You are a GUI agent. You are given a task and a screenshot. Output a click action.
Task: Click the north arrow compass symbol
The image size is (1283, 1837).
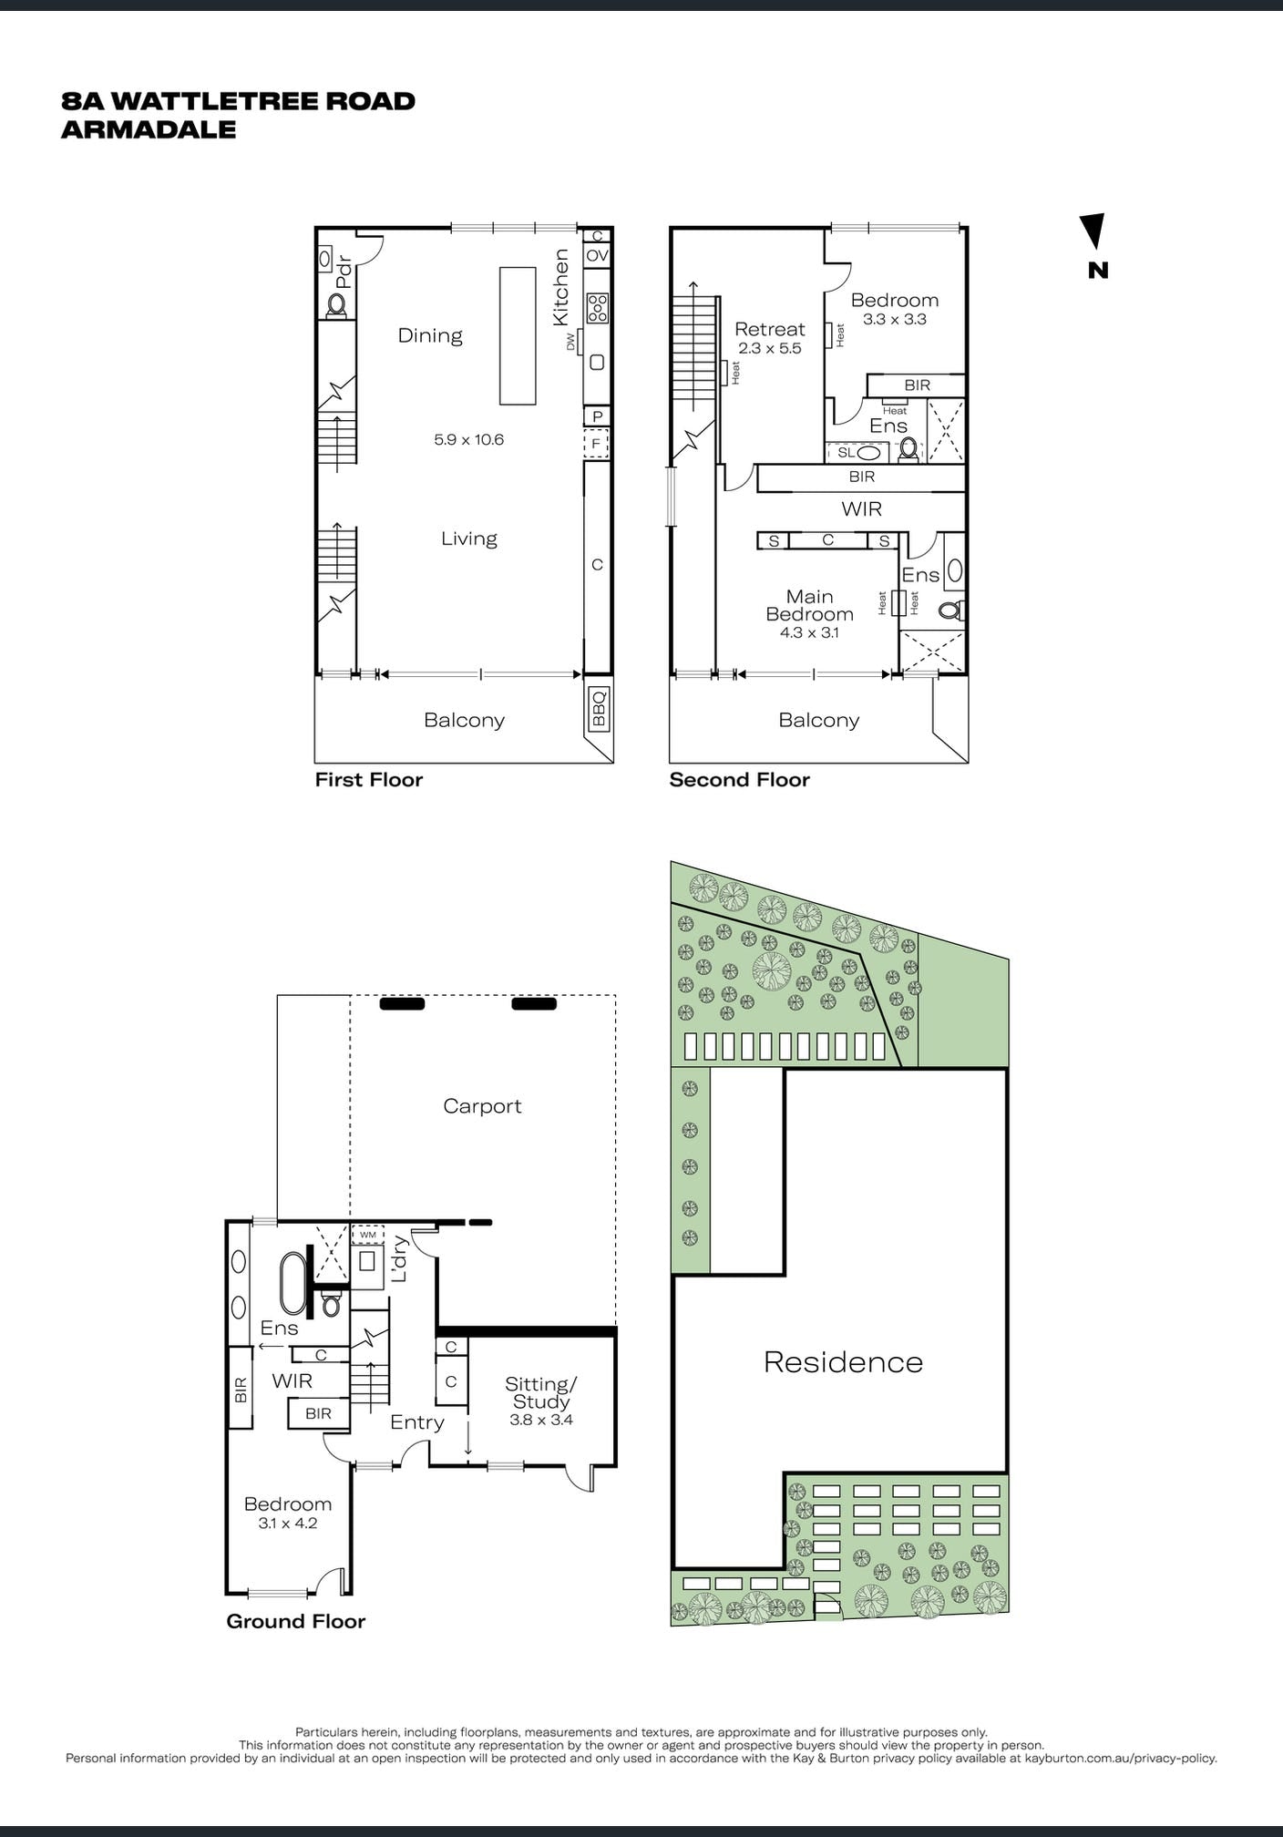click(1094, 231)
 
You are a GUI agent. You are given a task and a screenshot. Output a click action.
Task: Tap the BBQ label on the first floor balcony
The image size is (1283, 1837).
click(599, 709)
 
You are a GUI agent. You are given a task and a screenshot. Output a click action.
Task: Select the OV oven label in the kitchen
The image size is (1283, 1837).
click(597, 256)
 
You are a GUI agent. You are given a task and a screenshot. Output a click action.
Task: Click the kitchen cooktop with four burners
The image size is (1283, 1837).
click(598, 308)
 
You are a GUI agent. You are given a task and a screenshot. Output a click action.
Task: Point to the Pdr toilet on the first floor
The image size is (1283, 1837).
click(337, 304)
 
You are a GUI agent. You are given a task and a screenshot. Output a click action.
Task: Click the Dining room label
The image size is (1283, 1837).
click(430, 335)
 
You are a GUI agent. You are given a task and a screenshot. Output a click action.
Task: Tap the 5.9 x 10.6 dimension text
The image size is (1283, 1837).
click(468, 439)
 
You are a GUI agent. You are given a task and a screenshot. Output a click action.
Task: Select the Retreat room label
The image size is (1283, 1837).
click(770, 329)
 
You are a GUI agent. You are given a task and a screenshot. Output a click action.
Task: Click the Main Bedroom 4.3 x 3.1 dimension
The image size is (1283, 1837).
click(809, 632)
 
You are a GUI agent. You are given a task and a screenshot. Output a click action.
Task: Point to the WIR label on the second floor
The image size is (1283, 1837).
click(862, 508)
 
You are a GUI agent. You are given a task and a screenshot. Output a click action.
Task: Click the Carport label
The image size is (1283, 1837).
click(482, 1106)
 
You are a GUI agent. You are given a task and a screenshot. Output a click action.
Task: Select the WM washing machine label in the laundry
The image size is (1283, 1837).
click(368, 1235)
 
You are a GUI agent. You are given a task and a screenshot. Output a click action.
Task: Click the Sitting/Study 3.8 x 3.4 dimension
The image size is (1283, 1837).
click(541, 1420)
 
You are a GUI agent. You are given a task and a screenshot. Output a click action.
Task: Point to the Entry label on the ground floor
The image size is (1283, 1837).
click(417, 1422)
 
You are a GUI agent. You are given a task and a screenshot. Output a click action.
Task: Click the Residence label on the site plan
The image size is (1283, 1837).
click(843, 1362)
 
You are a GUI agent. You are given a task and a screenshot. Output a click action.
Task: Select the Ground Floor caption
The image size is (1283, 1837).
click(295, 1621)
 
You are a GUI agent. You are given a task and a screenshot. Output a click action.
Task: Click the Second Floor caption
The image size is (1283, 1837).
click(739, 780)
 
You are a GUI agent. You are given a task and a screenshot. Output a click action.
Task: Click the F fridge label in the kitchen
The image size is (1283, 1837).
click(596, 444)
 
